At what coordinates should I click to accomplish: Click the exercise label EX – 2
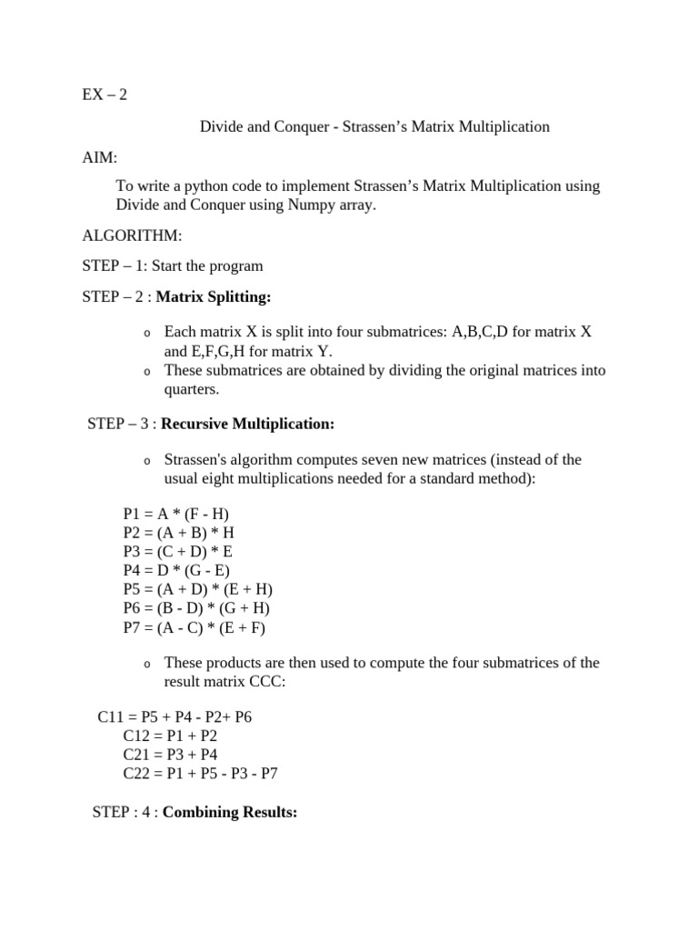105,95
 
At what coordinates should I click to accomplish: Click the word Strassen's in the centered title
382,126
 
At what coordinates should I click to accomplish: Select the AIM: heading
99,157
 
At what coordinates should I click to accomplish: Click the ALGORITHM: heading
132,235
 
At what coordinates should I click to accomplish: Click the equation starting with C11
174,716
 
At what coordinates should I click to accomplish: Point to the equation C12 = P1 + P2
170,736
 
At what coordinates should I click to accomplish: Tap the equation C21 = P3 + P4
170,755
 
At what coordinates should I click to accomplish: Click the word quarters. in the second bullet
192,388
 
